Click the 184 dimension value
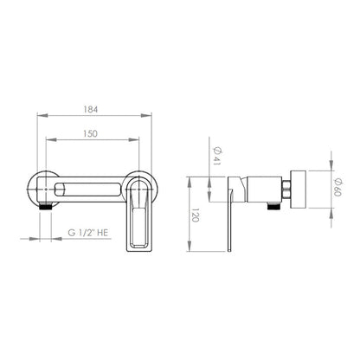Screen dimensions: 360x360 [x=91, y=110]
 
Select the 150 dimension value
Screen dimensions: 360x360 [x=90, y=134]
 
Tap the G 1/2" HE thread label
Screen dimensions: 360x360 [x=88, y=233]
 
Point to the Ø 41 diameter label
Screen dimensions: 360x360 [x=216, y=156]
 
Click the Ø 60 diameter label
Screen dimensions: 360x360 [x=337, y=187]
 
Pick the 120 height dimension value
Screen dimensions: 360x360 [x=196, y=215]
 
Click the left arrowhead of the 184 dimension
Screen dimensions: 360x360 [x=42, y=116]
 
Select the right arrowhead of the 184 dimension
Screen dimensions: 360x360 [x=146, y=116]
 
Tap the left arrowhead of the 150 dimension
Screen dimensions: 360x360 [x=51, y=140]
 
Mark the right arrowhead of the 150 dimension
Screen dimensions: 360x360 [x=134, y=140]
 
